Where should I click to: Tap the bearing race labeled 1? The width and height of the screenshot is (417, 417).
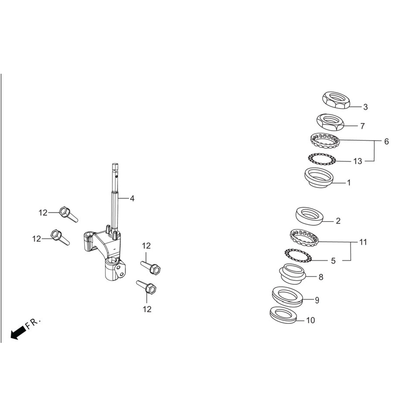(318, 178)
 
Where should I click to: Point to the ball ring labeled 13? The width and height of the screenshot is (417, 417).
(322, 159)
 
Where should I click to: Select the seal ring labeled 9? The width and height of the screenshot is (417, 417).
(288, 296)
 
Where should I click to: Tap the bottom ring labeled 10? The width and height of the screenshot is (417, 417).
(283, 315)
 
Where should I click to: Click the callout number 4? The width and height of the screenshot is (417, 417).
(132, 198)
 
